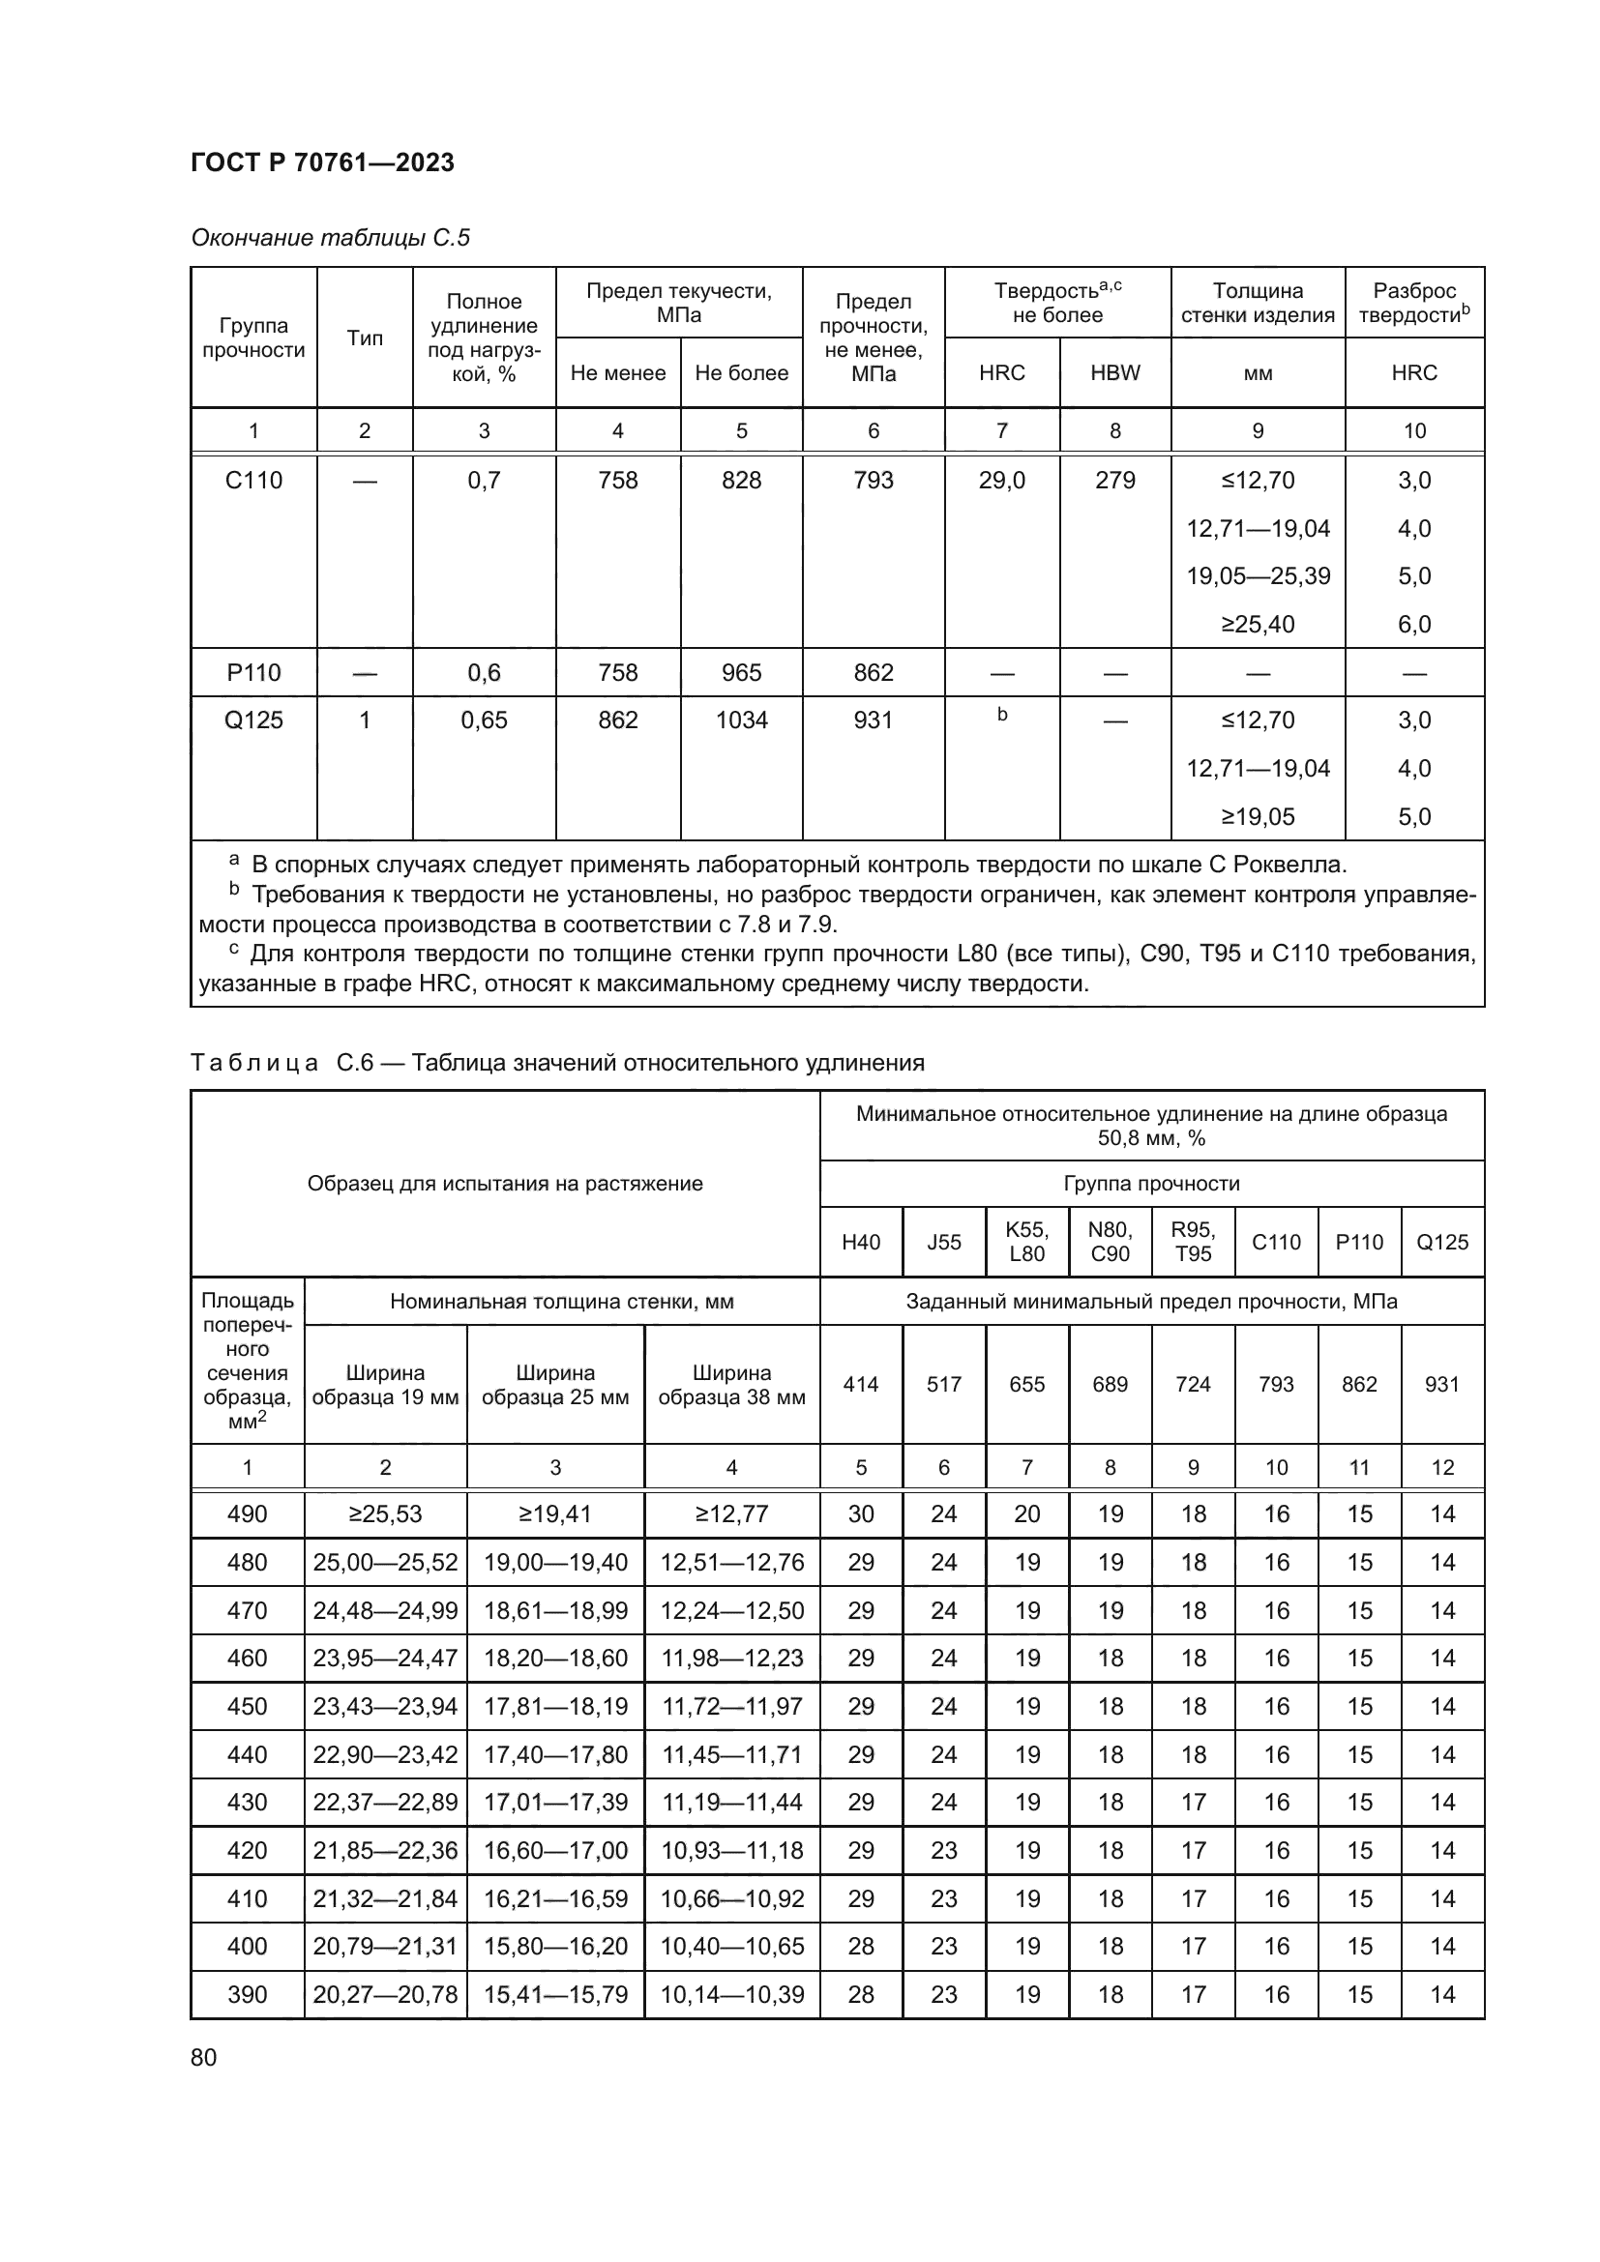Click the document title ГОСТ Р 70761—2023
322,162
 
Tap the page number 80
204,2057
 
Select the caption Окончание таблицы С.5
330,238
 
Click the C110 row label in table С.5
253,480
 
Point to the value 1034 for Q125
741,720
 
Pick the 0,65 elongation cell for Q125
484,720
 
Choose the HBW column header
1115,372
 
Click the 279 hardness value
1115,480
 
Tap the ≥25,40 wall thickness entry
1259,625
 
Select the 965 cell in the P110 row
741,673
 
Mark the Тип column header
365,338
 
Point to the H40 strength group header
861,1243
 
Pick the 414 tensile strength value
861,1384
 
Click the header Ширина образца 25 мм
554,1384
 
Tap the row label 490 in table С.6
248,1514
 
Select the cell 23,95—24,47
385,1659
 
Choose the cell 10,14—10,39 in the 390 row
732,1995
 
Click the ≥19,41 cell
554,1514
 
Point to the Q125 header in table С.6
1442,1243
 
